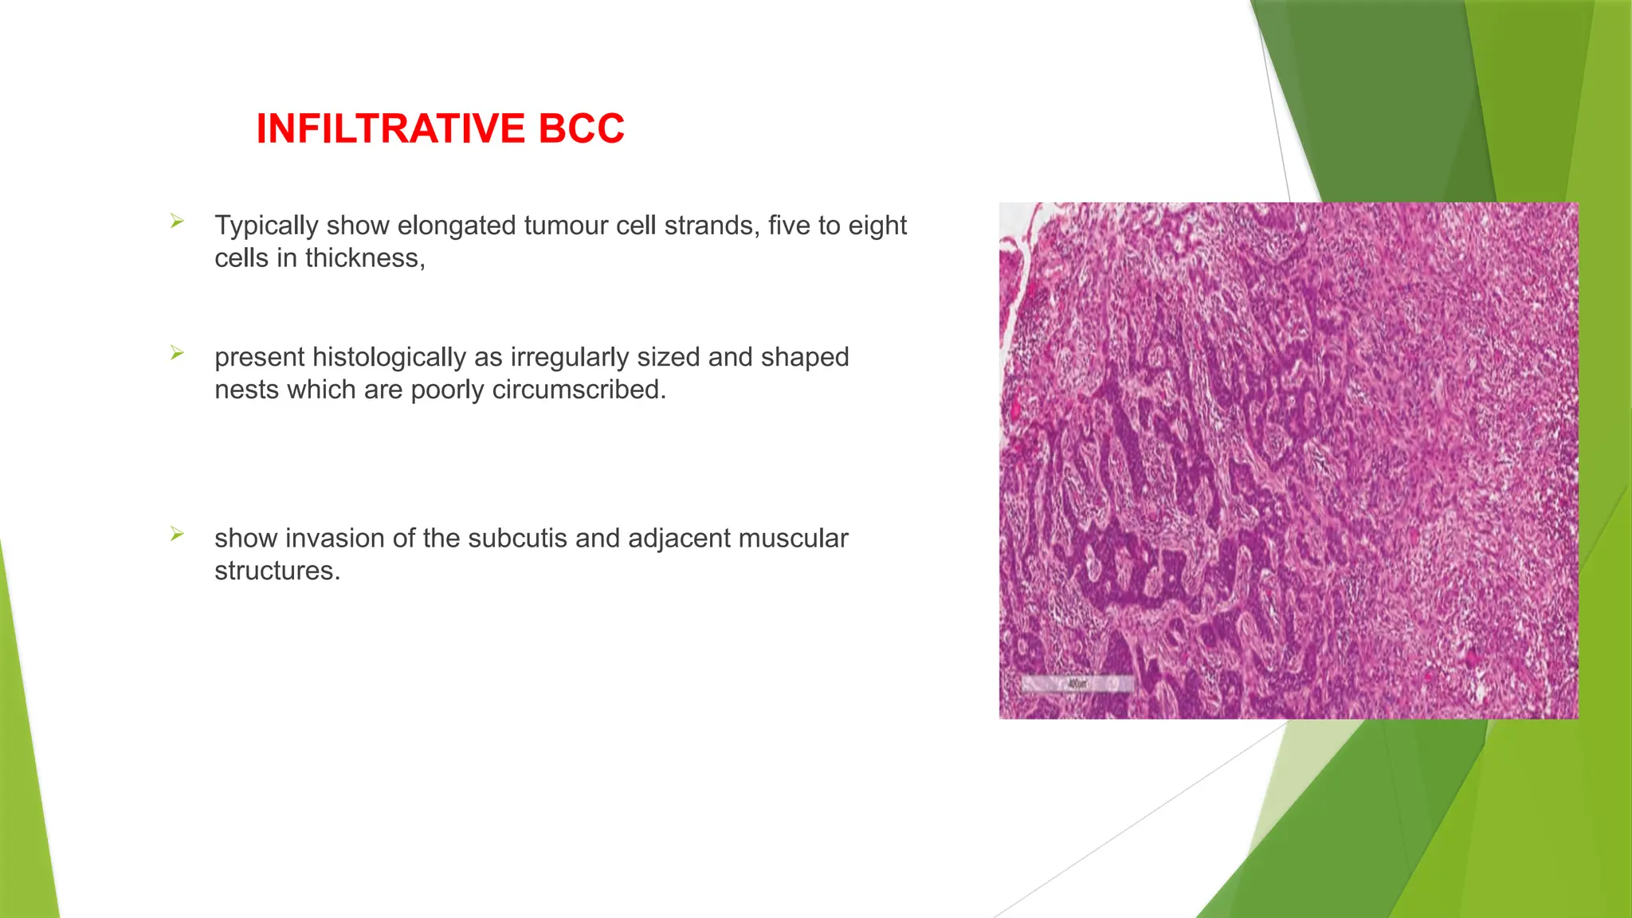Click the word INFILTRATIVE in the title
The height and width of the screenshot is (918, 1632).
tap(391, 129)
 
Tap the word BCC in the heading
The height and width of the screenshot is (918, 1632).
tap(581, 129)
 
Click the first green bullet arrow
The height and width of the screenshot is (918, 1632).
tap(177, 222)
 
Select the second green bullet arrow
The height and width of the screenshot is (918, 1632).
tap(177, 353)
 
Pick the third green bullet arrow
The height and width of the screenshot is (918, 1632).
tap(177, 534)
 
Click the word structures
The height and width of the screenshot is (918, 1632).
tap(277, 571)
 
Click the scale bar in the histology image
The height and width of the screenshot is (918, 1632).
tap(1077, 684)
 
